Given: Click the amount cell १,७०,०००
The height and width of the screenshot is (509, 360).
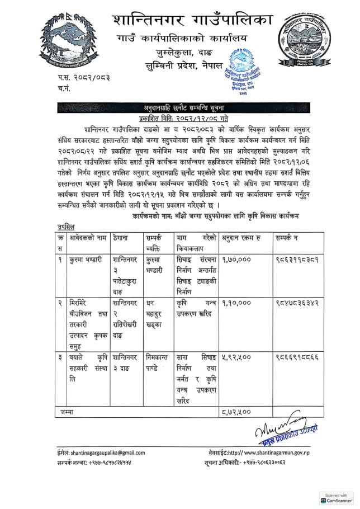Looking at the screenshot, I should click(236, 260).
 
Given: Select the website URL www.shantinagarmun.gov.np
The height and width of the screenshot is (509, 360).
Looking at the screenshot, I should click(276, 452).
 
